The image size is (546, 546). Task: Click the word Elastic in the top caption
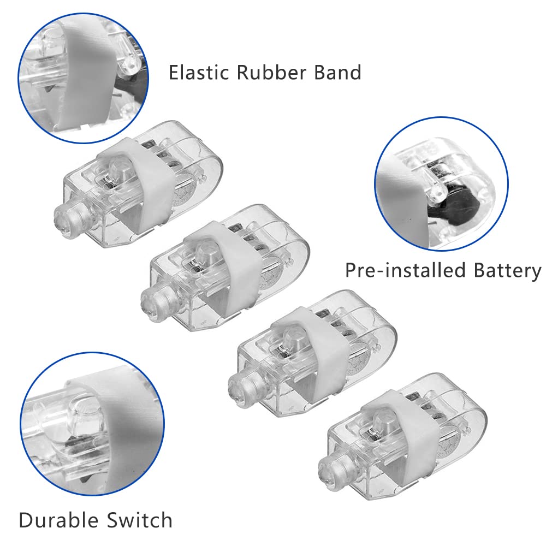199,73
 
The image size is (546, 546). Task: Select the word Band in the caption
337,73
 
